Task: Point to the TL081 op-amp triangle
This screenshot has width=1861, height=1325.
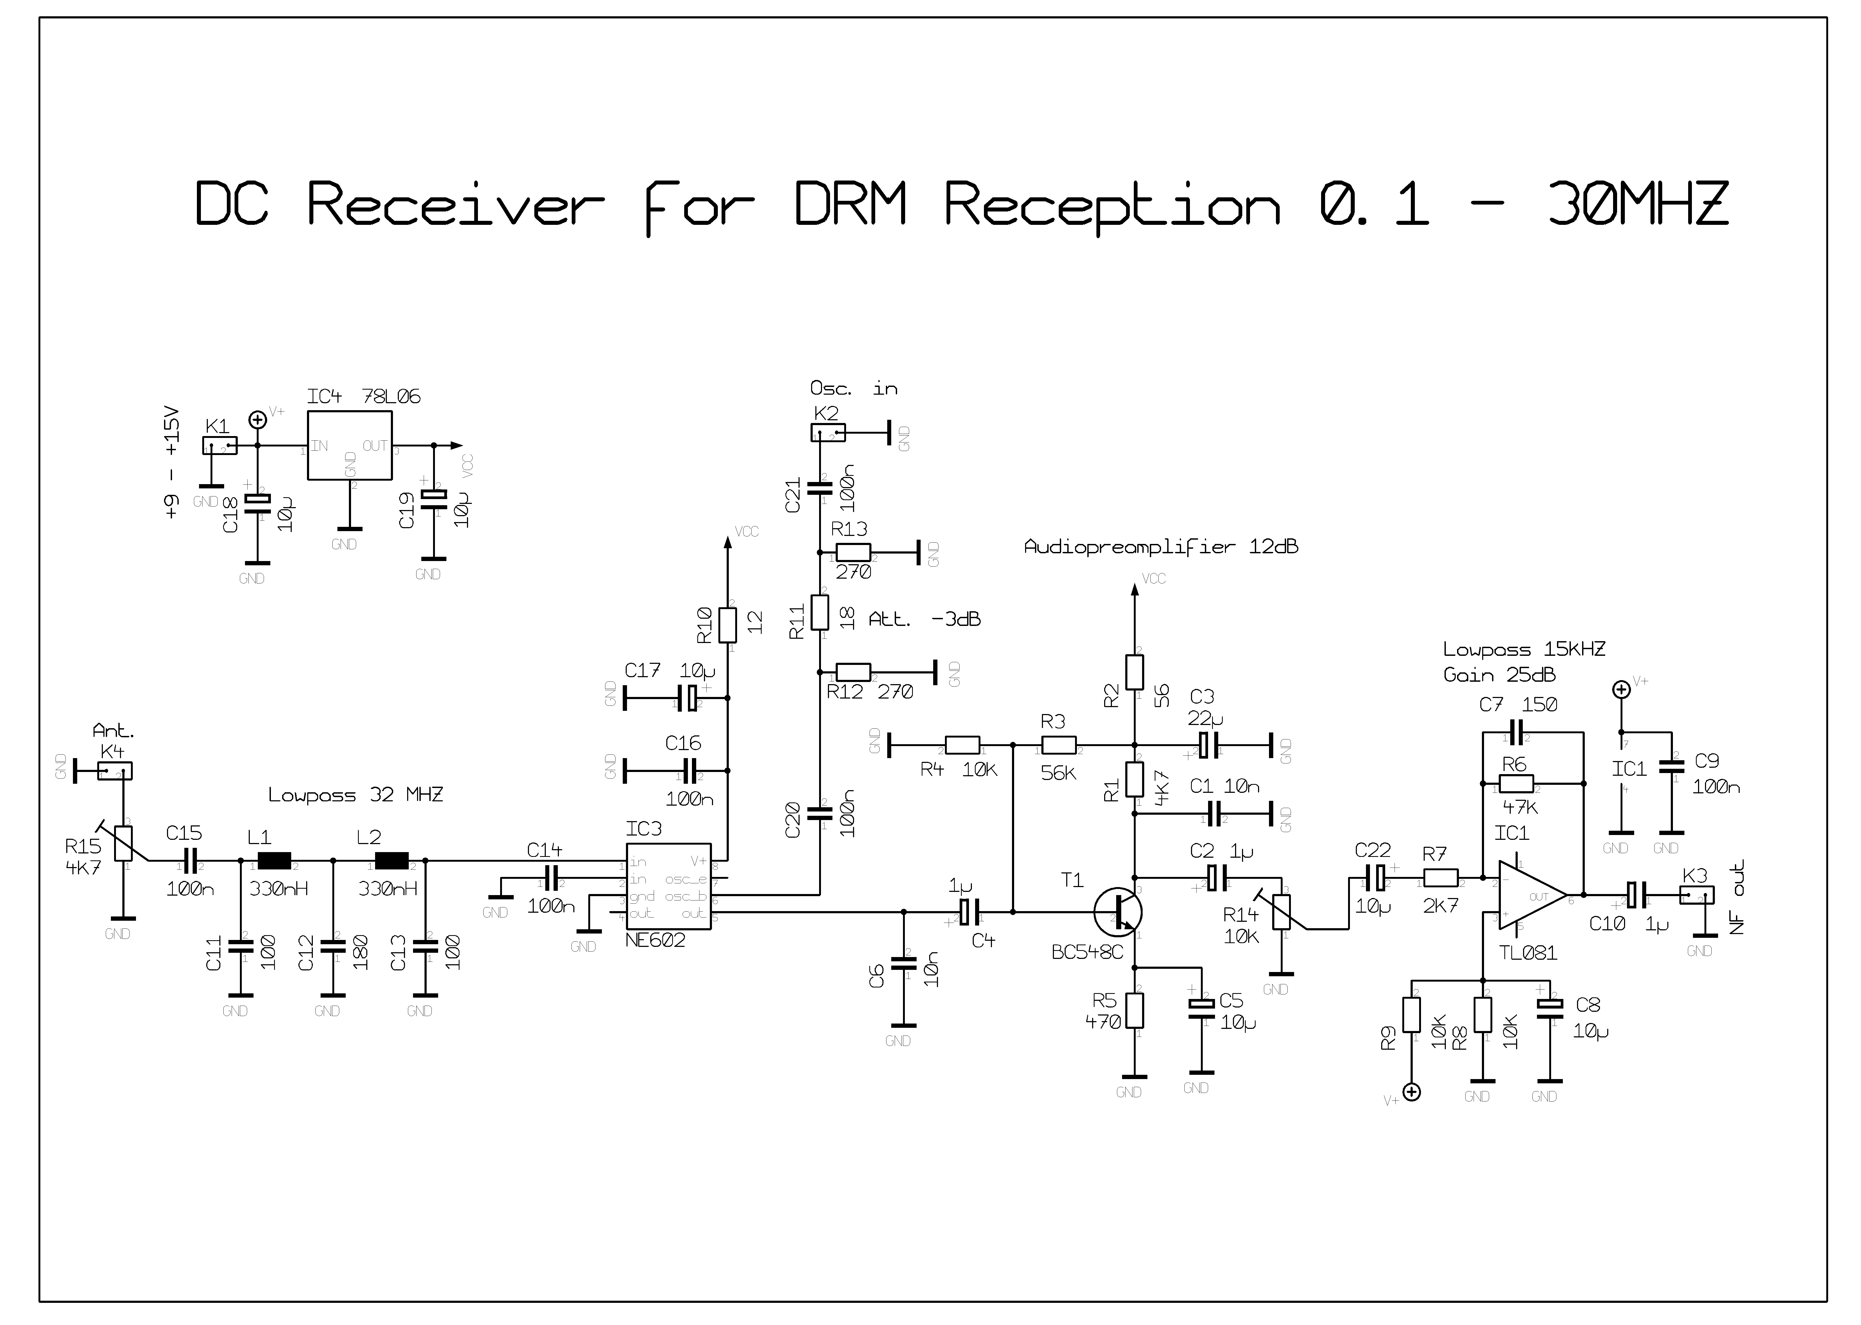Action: coord(1531,896)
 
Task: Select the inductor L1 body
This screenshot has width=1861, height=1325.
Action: coord(274,861)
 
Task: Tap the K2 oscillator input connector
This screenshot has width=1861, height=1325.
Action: coord(828,432)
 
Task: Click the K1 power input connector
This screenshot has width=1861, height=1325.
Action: coord(220,445)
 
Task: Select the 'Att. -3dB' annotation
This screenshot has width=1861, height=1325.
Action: coord(924,619)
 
